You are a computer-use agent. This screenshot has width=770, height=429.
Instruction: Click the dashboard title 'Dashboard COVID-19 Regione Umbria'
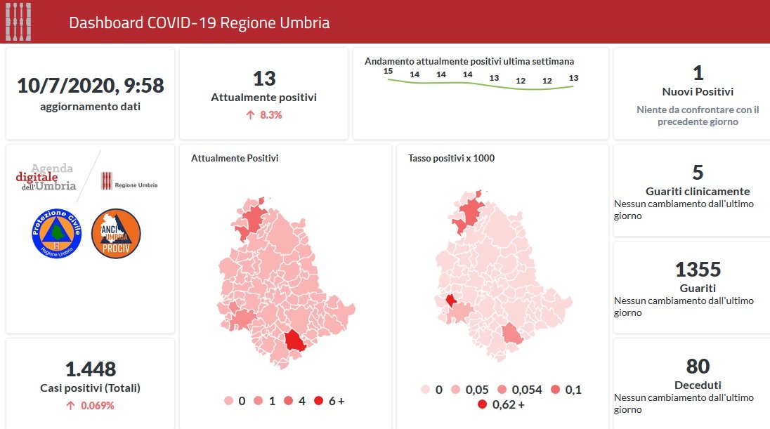200,22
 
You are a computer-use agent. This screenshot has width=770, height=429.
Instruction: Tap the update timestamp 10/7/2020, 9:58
90,86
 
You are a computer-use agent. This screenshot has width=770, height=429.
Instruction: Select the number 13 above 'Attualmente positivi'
263,78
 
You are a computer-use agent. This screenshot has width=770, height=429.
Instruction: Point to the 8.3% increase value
270,114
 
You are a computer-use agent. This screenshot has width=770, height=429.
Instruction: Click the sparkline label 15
387,71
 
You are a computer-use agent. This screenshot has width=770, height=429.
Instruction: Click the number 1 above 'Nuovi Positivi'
698,73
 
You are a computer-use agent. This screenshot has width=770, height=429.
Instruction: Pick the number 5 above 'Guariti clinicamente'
698,172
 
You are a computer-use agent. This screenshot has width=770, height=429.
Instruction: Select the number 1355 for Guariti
698,269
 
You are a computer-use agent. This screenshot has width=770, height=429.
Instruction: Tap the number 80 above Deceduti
698,366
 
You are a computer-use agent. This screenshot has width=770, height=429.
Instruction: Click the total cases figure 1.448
90,369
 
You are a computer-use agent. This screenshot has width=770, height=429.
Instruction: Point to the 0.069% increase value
96,405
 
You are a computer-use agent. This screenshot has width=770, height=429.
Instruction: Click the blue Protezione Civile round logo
57,233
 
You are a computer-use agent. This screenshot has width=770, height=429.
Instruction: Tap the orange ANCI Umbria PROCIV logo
116,233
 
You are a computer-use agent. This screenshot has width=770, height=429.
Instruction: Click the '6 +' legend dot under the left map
318,401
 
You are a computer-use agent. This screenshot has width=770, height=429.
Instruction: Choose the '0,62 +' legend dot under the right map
482,404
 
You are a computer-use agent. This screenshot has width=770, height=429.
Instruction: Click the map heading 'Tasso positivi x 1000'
451,158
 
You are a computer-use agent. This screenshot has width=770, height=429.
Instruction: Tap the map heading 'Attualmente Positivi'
235,158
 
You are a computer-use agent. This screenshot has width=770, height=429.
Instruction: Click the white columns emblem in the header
18,22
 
